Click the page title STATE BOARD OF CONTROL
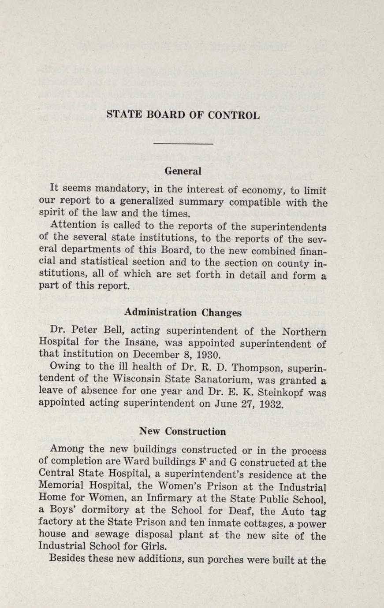click(x=183, y=115)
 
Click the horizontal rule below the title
click(x=183, y=144)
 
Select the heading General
click(x=183, y=171)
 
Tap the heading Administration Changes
click(x=183, y=312)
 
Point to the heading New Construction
click(x=183, y=431)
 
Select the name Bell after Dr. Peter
click(x=102, y=331)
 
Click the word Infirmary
click(x=168, y=500)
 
